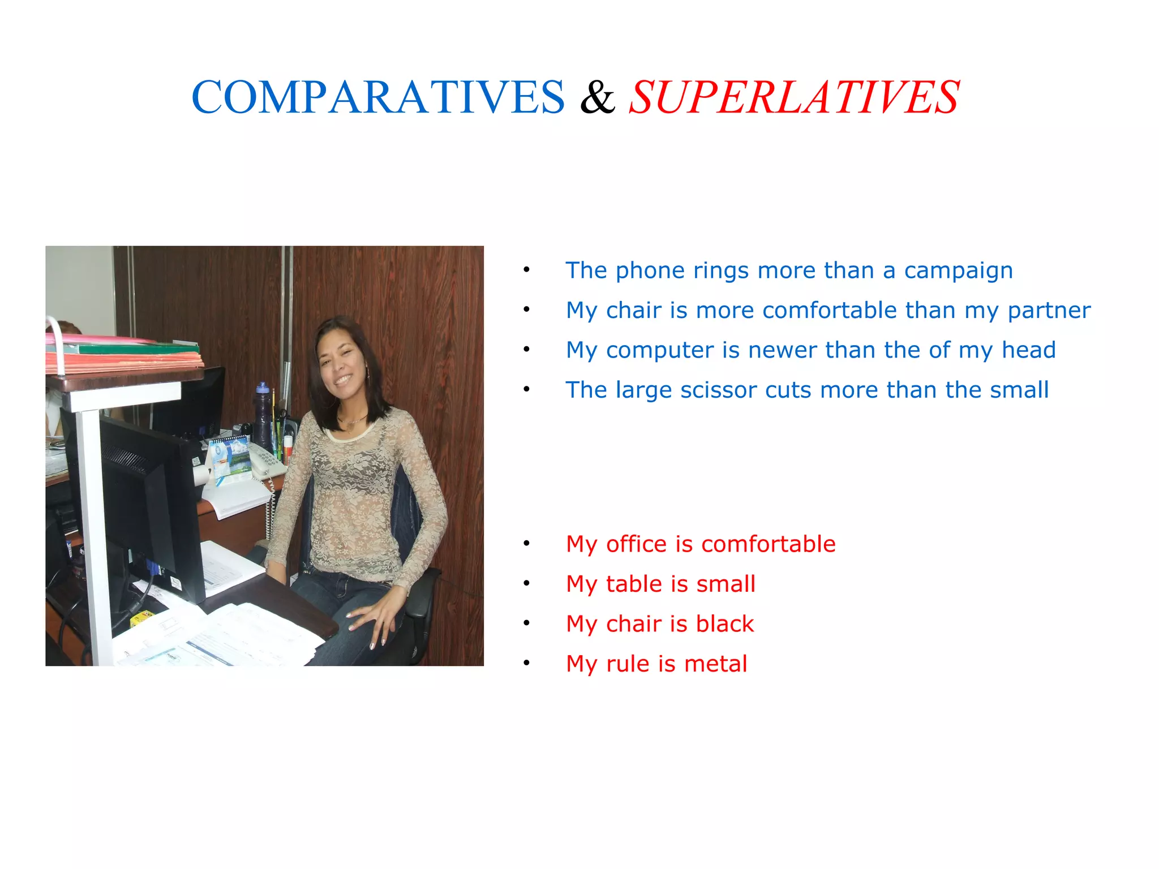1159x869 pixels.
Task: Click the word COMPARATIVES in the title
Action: click(378, 97)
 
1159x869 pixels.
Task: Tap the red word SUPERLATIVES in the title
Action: click(794, 97)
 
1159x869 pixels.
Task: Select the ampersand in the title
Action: click(597, 97)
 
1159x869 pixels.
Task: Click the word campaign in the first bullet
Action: click(958, 271)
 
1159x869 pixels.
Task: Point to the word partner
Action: click(1049, 311)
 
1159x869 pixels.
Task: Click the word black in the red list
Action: click(725, 624)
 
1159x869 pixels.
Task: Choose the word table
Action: click(633, 584)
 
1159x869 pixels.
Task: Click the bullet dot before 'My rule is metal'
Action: click(526, 663)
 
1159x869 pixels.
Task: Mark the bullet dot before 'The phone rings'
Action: click(526, 270)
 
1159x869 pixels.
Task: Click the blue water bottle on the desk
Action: click(262, 416)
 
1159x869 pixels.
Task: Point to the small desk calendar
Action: click(229, 456)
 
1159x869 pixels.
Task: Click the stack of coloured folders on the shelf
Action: click(125, 354)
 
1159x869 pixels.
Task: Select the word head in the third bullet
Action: click(1028, 350)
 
